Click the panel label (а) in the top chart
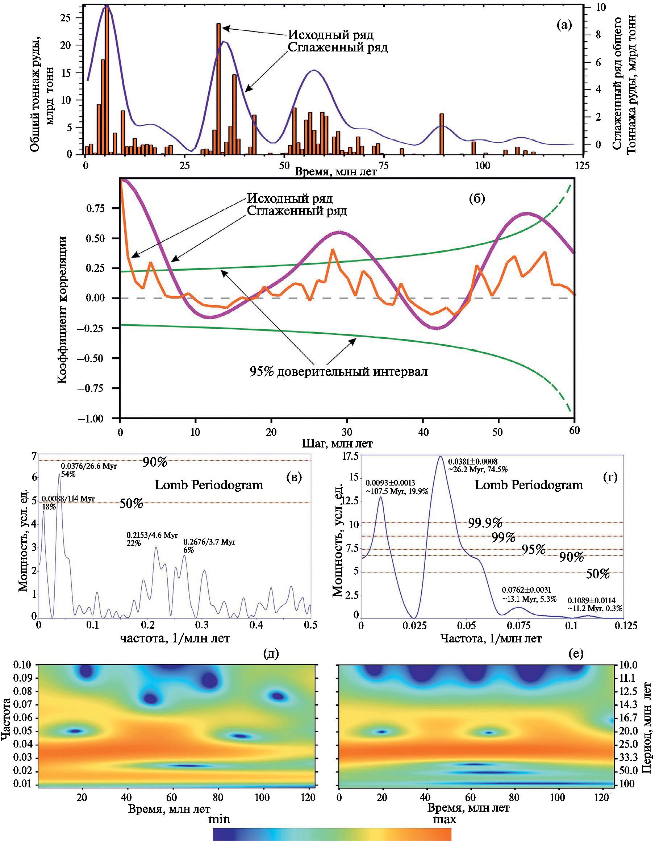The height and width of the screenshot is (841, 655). click(564, 25)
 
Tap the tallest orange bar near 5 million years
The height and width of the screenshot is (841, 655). click(107, 81)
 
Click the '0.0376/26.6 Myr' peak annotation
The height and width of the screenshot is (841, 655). click(88, 466)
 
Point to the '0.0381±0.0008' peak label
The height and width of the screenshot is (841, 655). click(473, 461)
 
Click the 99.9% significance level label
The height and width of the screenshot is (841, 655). click(485, 523)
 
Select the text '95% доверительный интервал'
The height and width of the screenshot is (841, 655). click(338, 372)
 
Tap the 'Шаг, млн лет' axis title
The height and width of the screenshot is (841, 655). click(337, 444)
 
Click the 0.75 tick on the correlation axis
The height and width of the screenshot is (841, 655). click(95, 209)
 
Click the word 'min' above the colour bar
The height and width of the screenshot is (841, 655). click(219, 819)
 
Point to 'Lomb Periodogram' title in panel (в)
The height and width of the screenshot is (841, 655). click(209, 485)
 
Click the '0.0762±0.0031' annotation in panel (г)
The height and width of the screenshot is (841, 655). click(526, 590)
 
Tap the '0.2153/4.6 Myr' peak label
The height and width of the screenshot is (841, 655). click(152, 535)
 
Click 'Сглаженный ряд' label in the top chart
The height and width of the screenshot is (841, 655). click(338, 47)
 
